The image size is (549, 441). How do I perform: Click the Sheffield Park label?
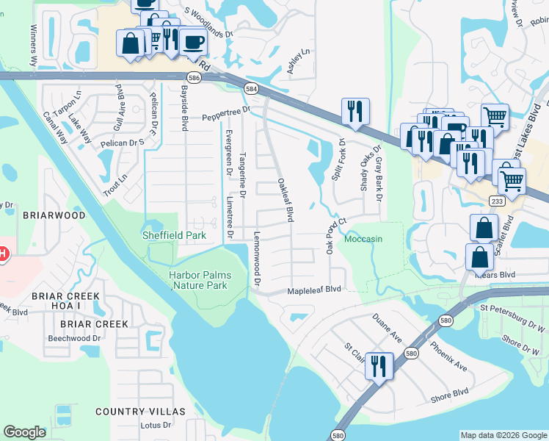173,235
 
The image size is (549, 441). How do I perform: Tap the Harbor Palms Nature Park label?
200,280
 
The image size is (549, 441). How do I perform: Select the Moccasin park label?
363,240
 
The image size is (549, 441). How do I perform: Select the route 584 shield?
251,89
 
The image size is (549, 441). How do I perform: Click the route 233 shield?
497,201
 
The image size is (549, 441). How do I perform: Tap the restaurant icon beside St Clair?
379,365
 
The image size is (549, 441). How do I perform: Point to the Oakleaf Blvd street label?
286,200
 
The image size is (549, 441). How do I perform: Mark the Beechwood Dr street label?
74,338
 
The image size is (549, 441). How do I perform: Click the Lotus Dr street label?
156,425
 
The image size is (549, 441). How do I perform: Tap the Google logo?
25,432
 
